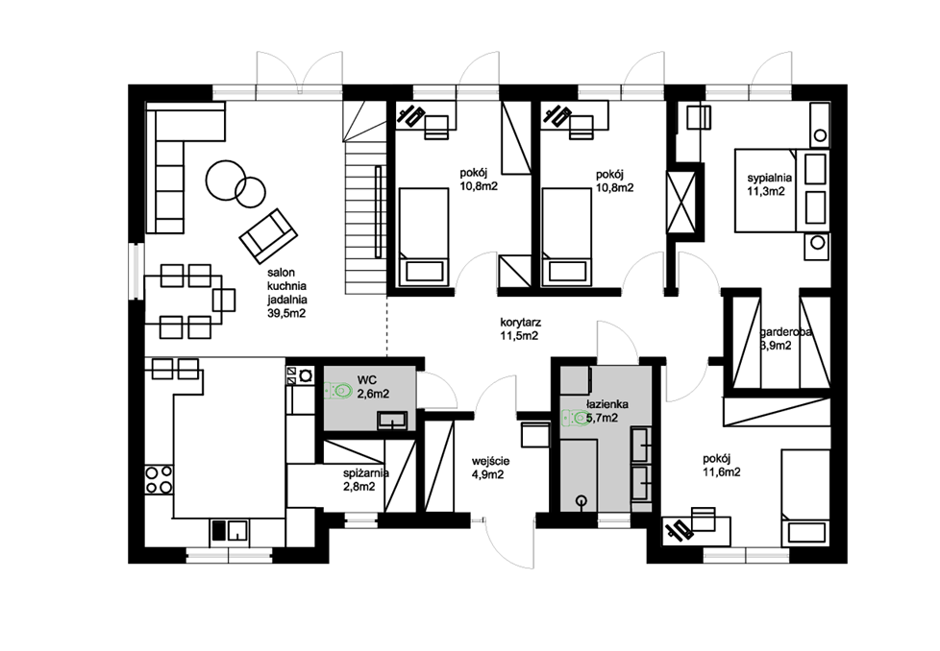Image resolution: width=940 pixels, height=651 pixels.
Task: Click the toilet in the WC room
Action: point(338,392)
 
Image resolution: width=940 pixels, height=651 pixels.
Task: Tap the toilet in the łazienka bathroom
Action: point(576,417)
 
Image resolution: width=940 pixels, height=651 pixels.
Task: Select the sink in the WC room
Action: point(392,421)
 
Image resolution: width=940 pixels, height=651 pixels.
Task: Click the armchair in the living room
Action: point(268,235)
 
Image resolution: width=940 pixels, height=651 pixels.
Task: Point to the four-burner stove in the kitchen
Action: point(159,479)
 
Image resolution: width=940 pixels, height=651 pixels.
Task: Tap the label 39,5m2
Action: point(286,312)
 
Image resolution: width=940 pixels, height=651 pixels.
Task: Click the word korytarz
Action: point(520,324)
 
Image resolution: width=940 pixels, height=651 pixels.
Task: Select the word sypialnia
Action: point(769,178)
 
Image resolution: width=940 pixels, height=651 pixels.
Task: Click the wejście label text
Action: point(490,461)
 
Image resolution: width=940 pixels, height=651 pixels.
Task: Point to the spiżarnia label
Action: point(365,473)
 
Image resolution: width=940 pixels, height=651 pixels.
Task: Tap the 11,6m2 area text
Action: point(722,472)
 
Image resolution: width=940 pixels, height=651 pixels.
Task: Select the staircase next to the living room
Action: point(365,197)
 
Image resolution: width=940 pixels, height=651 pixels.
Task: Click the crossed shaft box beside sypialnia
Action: point(681,202)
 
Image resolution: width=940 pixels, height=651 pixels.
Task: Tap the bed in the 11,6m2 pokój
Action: point(805,497)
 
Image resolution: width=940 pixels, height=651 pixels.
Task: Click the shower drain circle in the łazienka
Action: point(581,500)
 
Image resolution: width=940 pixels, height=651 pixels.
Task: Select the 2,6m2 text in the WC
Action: point(373,394)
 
